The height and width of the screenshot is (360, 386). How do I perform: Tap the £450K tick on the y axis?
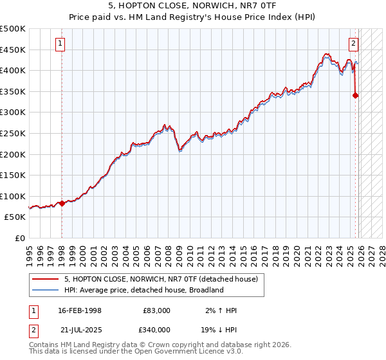[13, 50]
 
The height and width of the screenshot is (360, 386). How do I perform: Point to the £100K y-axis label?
[13, 196]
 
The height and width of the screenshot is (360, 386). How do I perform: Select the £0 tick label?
[20, 238]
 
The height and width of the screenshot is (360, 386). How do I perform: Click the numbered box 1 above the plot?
[60, 44]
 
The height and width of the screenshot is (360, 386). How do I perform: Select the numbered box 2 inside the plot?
[354, 44]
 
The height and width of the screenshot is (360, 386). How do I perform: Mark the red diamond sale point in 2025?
[356, 96]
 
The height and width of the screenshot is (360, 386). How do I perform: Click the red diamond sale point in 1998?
[62, 203]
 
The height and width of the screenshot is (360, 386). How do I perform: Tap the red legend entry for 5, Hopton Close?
[161, 279]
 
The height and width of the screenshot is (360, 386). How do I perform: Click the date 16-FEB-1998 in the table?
[80, 310]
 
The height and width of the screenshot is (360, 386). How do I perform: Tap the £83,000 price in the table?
[156, 310]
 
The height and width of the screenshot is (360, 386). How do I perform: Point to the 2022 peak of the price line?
[327, 54]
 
